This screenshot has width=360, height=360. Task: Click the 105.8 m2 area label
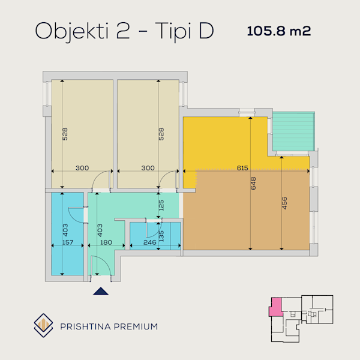coord(279,31)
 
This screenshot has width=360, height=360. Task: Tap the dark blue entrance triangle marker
coord(101,291)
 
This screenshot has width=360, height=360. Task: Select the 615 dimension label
coord(242,168)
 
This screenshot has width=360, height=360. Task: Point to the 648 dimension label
coord(253,183)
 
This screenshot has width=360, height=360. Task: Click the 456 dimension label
coord(284,203)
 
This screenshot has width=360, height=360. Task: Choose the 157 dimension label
coord(68,242)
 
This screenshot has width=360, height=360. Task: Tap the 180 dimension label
coord(106,242)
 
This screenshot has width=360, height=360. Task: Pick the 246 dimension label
coord(149,242)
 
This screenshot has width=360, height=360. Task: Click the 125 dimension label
coord(161,205)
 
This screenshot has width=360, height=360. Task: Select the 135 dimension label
coord(161,236)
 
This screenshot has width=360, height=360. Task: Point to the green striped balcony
coord(293,131)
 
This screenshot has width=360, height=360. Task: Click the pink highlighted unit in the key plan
coord(276,307)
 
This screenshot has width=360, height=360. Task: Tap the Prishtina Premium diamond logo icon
coord(43,325)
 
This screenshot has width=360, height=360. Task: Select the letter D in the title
coord(206,31)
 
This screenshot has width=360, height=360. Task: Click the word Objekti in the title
coord(71,32)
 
